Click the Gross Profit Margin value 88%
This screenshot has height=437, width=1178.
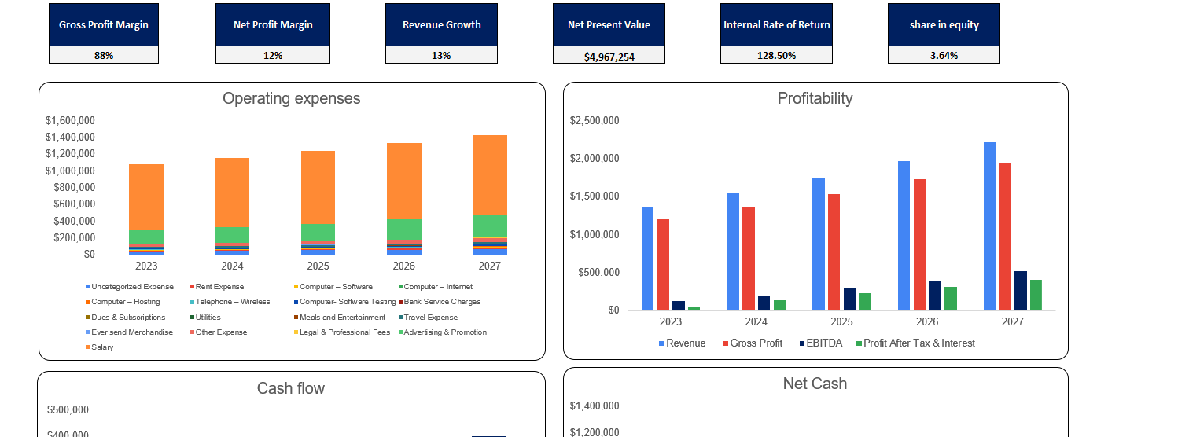pyautogui.click(x=103, y=56)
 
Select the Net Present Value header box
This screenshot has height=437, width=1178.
pyautogui.click(x=609, y=24)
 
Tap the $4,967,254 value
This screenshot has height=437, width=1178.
pyautogui.click(x=609, y=57)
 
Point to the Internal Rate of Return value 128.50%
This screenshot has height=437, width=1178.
pyautogui.click(x=776, y=56)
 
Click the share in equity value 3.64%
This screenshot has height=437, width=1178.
pyautogui.click(x=944, y=56)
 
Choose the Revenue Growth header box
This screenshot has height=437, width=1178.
pyautogui.click(x=441, y=24)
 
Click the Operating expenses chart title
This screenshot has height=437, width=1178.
pyautogui.click(x=291, y=98)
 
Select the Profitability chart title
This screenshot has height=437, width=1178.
pyautogui.click(x=815, y=98)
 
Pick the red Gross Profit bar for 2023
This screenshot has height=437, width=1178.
pyautogui.click(x=663, y=265)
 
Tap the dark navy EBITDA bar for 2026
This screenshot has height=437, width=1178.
pyautogui.click(x=935, y=296)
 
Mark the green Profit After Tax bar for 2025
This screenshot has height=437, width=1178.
pyautogui.click(x=865, y=302)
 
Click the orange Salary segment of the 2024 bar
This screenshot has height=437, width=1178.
pyautogui.click(x=232, y=193)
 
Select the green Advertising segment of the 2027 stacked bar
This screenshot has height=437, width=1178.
pyautogui.click(x=490, y=226)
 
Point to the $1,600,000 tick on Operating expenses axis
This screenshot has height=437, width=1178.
pyautogui.click(x=72, y=121)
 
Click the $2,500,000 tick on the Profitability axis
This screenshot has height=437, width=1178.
pyautogui.click(x=595, y=121)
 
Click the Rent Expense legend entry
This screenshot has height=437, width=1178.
pyautogui.click(x=219, y=288)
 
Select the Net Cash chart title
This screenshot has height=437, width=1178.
pyautogui.click(x=815, y=384)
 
